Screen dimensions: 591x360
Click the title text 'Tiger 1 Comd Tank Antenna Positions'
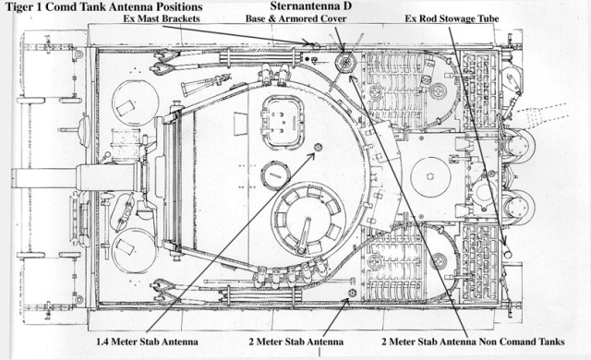pos(104,6)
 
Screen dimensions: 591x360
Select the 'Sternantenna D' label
pos(311,6)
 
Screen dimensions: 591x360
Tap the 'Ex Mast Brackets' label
pos(162,18)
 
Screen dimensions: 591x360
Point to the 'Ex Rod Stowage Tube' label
pos(452,18)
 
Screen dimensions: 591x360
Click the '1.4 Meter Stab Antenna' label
pos(147,342)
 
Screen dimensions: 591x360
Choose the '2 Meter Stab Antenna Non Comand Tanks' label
pos(473,342)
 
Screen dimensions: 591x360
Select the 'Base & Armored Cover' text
pos(295,18)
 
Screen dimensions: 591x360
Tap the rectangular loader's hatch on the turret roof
pos(283,121)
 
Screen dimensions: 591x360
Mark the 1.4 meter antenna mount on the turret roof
pos(319,147)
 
